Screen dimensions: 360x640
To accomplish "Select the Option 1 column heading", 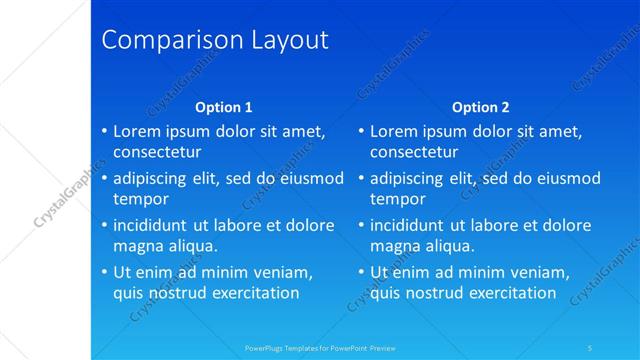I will pyautogui.click(x=224, y=107).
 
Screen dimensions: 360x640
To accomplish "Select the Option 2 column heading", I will pyautogui.click(x=481, y=107).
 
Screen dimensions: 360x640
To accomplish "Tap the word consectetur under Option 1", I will pyautogui.click(x=157, y=152).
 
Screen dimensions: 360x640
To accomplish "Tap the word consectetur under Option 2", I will pyautogui.click(x=414, y=152).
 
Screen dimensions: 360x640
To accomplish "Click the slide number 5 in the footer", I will pyautogui.click(x=590, y=348).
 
